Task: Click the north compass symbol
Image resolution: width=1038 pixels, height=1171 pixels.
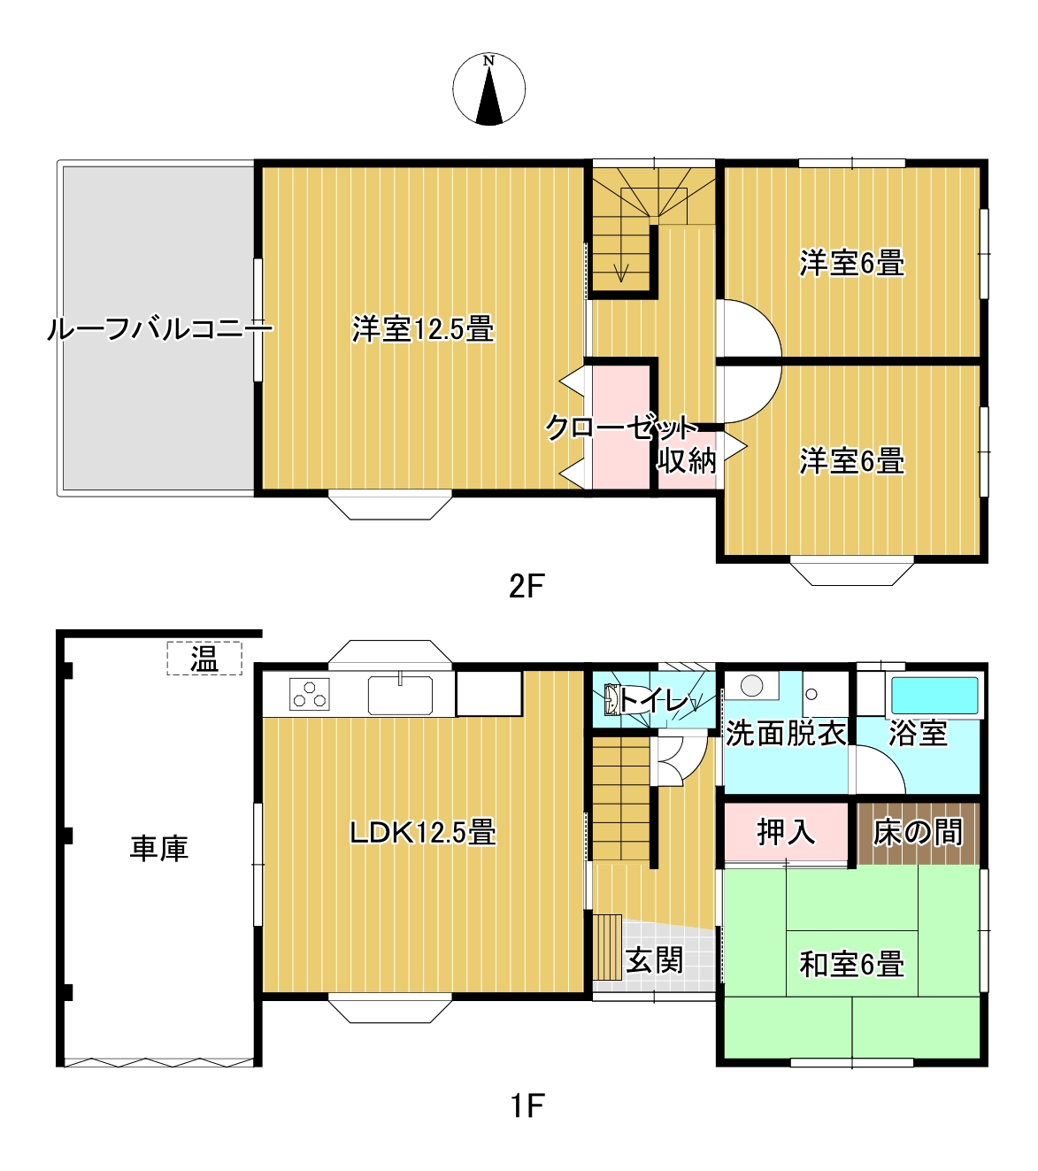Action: coord(489,89)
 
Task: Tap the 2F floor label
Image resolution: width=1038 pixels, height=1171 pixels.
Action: coord(527,587)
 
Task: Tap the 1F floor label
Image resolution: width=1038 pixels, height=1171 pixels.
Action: coord(527,1106)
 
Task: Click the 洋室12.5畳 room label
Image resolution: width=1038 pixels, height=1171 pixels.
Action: coord(423,329)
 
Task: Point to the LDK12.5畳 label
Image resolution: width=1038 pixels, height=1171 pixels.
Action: coord(423,833)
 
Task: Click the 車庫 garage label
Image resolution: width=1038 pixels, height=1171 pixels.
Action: coord(159,849)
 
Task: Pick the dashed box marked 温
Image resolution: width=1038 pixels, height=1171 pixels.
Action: coord(204,659)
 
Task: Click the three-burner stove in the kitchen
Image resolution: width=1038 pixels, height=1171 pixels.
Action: coord(309,694)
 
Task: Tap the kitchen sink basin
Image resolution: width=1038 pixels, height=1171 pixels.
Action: coord(401,696)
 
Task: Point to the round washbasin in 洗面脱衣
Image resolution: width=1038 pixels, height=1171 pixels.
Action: coord(751,685)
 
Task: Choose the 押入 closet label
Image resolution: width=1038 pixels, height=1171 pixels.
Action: coord(786,832)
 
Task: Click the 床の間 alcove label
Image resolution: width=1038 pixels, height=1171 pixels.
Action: coord(918,832)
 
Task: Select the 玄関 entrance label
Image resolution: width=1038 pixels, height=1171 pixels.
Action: coord(655,960)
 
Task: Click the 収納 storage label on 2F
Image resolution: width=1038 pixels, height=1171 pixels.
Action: coord(688,460)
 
